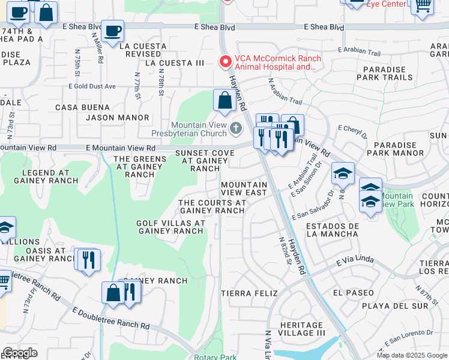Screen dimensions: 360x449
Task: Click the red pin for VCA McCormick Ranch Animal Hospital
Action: tap(225, 62)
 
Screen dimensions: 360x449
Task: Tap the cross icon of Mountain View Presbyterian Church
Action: tap(236, 127)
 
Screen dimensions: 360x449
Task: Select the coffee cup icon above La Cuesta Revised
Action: tap(112, 31)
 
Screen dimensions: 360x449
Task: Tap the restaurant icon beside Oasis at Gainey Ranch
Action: tap(88, 260)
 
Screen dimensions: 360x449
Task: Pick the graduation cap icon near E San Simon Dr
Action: tap(343, 173)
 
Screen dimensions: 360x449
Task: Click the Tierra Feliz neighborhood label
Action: tap(249, 293)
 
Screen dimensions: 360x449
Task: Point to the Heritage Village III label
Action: tap(294, 329)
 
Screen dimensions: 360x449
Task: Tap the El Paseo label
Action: tap(348, 293)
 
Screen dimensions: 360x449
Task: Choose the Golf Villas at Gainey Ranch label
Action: tap(171, 227)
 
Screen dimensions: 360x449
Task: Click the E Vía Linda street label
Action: tap(355, 261)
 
